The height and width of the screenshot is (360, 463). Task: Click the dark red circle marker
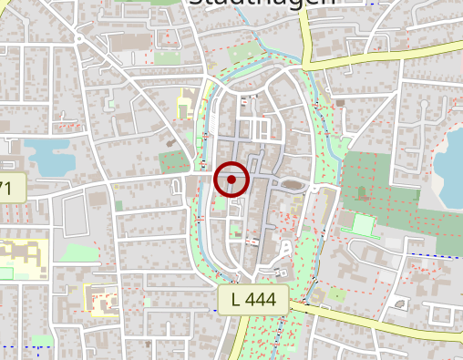click(231, 180)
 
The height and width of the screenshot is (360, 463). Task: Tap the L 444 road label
click(252, 298)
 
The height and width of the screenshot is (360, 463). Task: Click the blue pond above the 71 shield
click(49, 155)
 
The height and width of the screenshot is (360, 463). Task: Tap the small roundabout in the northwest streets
click(79, 39)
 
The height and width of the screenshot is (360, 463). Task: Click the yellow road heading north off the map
click(307, 27)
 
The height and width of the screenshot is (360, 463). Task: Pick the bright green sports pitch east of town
click(364, 224)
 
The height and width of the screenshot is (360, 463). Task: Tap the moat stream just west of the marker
click(202, 182)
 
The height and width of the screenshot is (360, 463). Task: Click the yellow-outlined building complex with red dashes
click(100, 296)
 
